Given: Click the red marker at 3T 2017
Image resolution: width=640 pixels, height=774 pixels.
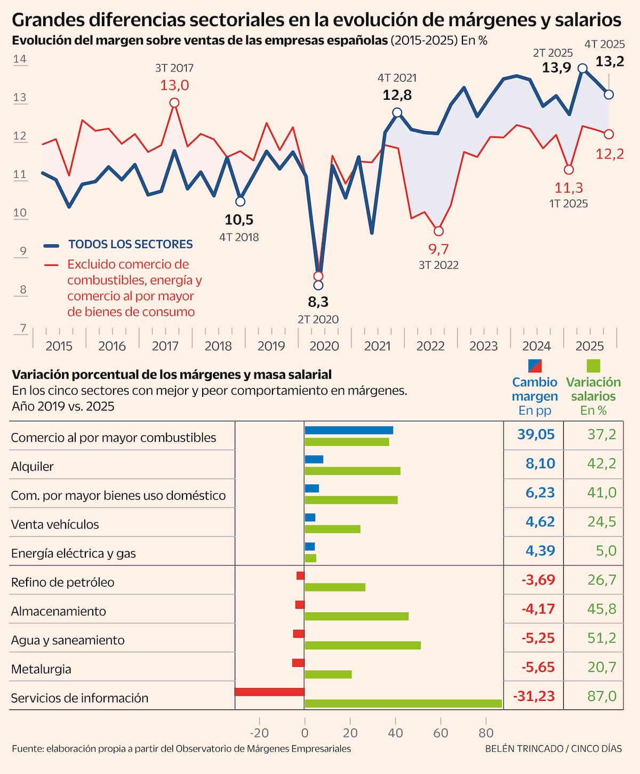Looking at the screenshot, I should click(x=174, y=102).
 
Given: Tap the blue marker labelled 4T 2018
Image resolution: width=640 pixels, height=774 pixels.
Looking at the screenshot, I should click(x=240, y=202).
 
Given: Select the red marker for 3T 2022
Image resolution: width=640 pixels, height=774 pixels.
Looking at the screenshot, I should click(x=438, y=231).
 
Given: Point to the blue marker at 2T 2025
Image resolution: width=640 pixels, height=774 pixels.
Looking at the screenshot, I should click(x=583, y=68).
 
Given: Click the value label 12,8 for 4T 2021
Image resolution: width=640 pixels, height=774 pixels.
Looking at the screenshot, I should click(x=397, y=95).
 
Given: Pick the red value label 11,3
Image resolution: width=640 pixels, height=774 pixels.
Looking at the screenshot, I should click(x=569, y=188).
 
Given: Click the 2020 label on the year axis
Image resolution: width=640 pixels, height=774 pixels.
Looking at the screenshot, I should click(x=324, y=346).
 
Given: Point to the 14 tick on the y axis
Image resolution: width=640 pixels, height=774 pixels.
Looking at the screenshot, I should click(x=20, y=59).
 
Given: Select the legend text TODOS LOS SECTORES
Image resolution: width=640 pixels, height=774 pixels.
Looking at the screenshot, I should click(x=130, y=244).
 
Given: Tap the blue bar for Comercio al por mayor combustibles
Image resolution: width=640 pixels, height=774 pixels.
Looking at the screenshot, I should click(x=349, y=430).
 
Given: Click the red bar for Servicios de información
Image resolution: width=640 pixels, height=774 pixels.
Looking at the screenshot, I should click(x=269, y=692).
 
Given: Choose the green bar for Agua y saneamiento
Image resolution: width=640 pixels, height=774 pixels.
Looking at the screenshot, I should click(x=363, y=645).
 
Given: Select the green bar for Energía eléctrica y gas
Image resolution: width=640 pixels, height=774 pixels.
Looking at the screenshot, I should click(x=310, y=558).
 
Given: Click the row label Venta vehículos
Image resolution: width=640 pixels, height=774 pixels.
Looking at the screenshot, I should click(x=55, y=524).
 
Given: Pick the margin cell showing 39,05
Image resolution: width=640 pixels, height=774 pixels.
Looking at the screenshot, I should click(x=535, y=435).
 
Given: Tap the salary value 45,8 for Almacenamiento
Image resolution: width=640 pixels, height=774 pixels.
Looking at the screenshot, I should click(x=601, y=609).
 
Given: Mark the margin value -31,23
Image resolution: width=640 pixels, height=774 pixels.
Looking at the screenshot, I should click(x=534, y=696).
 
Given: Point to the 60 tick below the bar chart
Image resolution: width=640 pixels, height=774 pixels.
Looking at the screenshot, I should click(x=441, y=733).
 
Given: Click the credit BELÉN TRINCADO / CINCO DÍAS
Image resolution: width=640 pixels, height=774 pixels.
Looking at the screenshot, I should click(x=553, y=749).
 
